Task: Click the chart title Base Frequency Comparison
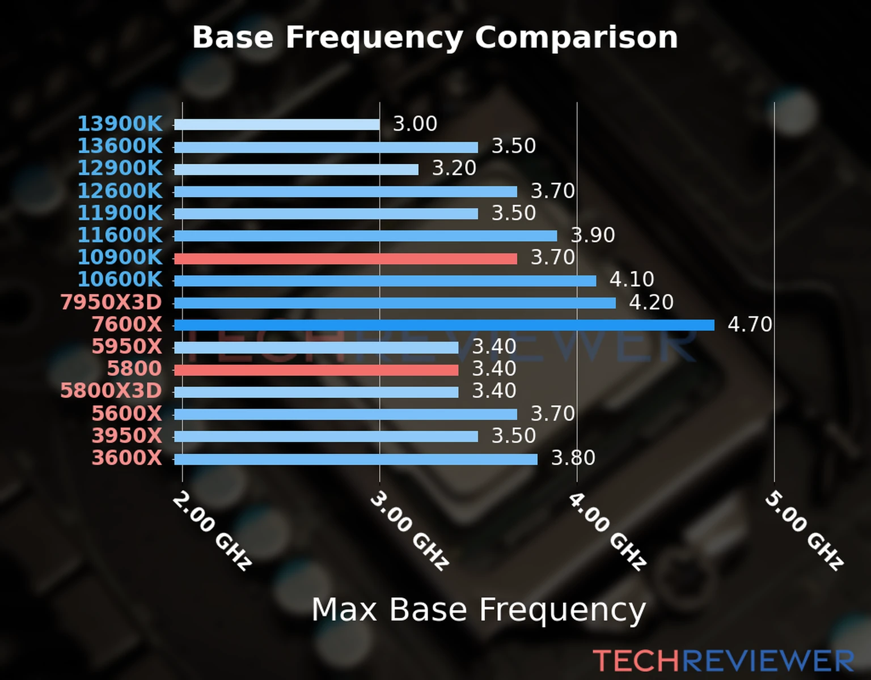pos(435,37)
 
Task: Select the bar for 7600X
pos(443,325)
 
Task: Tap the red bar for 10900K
pos(345,259)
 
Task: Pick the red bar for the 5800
pos(316,370)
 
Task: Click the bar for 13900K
pos(277,125)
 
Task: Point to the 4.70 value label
pos(749,325)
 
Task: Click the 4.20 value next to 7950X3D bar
pos(651,303)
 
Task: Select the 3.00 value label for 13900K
pos(415,124)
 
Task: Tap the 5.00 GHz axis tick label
pos(804,530)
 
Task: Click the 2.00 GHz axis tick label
pos(212,530)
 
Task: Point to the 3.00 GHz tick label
pos(409,530)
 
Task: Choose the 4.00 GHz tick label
pos(606,530)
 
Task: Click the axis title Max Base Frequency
pos(479,610)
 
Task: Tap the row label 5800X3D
pos(111,391)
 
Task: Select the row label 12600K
pos(120,191)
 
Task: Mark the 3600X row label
pos(127,458)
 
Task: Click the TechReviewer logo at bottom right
pos(723,661)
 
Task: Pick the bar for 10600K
pos(385,281)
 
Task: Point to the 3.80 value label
pos(573,458)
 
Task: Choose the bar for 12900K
pos(296,169)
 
